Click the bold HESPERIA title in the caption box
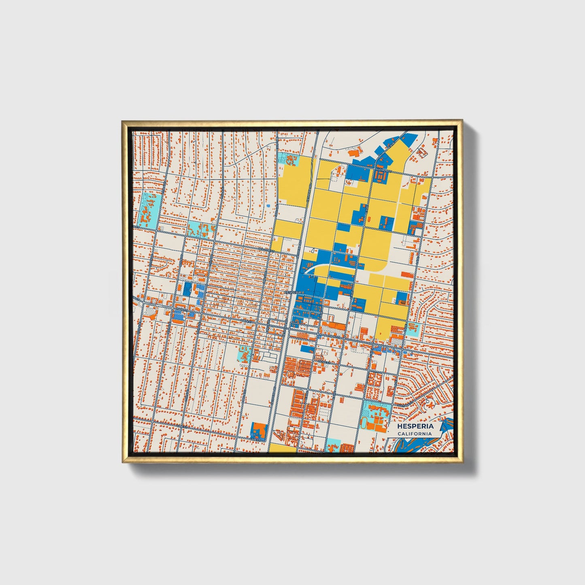(415, 426)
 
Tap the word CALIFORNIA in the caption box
(415, 434)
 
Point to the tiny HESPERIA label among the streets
(293, 292)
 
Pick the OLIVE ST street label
(324, 362)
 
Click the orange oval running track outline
(364, 423)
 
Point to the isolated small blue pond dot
(268, 206)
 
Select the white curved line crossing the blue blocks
(324, 267)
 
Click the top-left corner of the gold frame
(122, 121)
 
